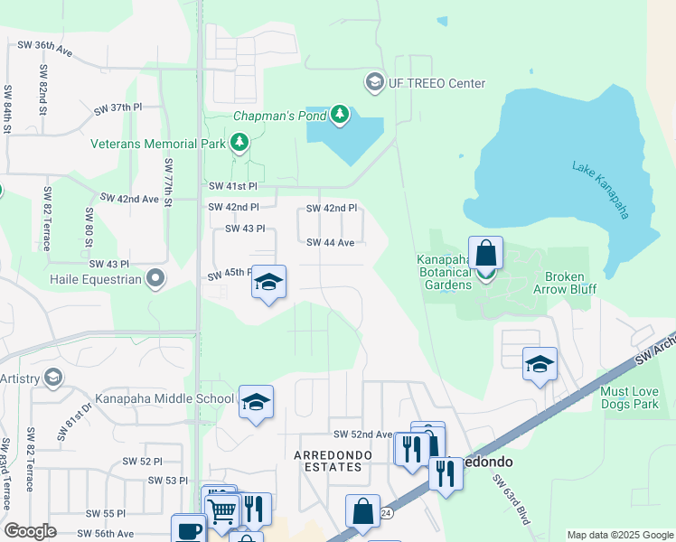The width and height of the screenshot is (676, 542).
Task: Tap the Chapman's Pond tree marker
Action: tap(340, 115)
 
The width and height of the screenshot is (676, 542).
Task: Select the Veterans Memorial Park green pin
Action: tap(239, 143)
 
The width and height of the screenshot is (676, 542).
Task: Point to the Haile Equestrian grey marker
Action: tap(155, 278)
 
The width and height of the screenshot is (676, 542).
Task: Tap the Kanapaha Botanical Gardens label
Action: tap(445, 272)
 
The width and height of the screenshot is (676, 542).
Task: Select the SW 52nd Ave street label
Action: tap(362, 435)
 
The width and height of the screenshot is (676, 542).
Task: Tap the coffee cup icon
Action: tap(188, 529)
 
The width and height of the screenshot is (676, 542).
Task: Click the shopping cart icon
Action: tap(221, 510)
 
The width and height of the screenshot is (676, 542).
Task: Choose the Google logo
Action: tap(31, 531)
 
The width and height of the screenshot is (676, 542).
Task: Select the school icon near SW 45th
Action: tap(268, 282)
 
